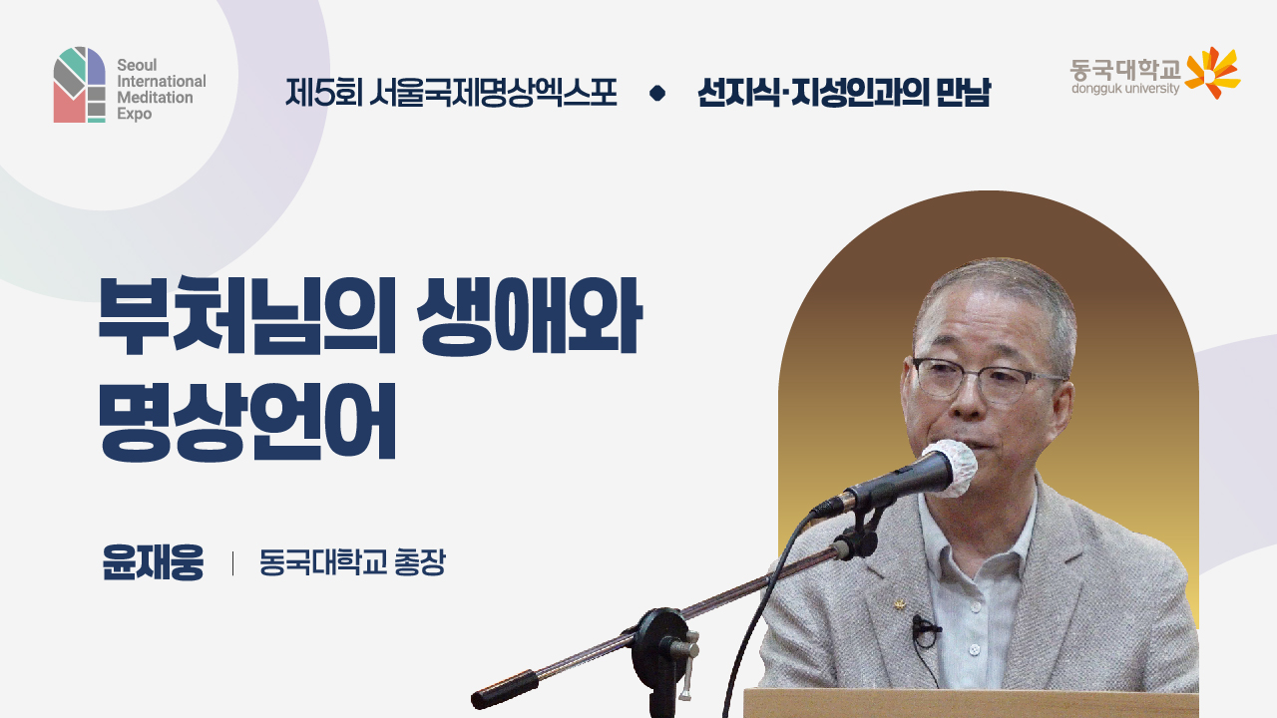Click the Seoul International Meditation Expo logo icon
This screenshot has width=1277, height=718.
(79, 85)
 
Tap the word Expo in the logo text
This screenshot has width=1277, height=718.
(134, 115)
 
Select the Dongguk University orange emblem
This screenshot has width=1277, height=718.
(1212, 72)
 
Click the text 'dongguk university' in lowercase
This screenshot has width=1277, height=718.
(1125, 89)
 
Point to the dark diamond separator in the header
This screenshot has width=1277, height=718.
(656, 94)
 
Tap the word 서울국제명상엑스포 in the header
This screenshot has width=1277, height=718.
(492, 94)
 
